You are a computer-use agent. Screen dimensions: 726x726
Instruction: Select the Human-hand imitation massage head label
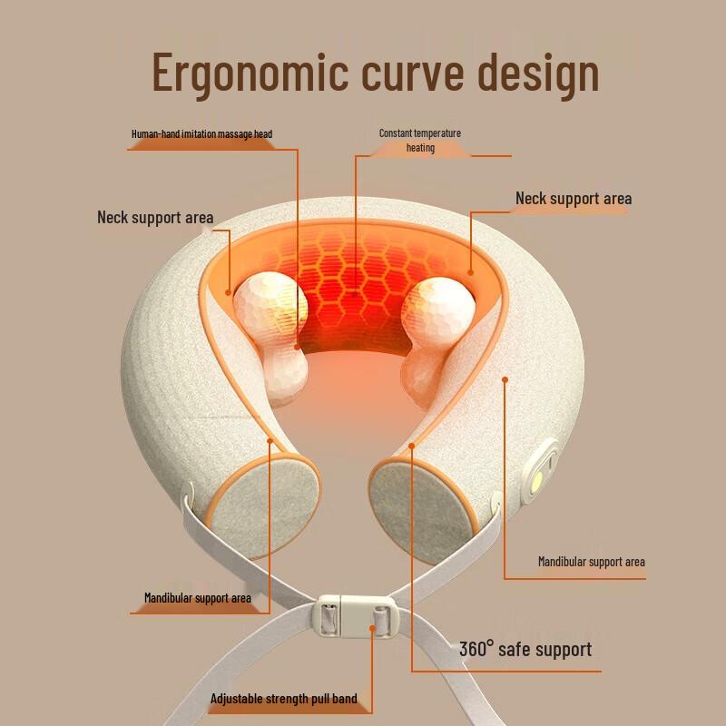(x=201, y=134)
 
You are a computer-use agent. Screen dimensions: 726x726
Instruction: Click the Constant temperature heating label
(x=420, y=140)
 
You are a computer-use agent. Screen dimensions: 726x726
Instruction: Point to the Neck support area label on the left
(x=155, y=218)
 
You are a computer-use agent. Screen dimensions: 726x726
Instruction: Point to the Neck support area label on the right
(x=574, y=199)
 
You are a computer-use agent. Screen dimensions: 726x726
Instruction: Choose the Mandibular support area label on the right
(x=591, y=562)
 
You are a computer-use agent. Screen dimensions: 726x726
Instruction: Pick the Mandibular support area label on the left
(x=197, y=598)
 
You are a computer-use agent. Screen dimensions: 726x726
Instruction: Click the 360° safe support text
(x=525, y=649)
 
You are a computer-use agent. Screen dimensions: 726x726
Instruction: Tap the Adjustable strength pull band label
(x=284, y=699)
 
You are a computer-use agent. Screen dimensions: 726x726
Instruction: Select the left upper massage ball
(x=270, y=304)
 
